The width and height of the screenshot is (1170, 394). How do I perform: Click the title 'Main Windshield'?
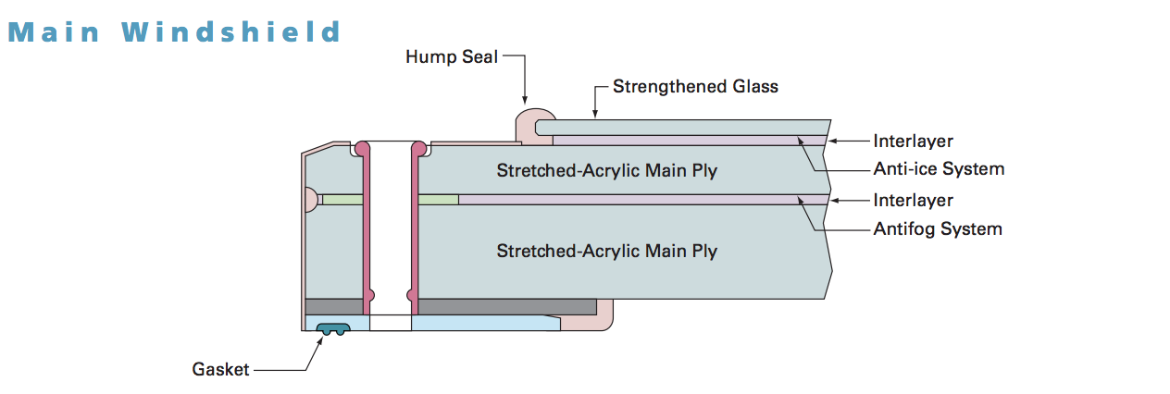tap(175, 32)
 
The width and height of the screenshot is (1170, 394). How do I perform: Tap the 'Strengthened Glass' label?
tap(695, 87)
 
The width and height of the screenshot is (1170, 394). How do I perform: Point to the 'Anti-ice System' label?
tap(939, 169)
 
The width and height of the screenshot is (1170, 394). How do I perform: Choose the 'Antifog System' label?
tap(938, 228)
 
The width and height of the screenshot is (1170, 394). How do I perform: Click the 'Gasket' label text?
tap(220, 369)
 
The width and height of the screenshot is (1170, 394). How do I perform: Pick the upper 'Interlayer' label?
tap(913, 142)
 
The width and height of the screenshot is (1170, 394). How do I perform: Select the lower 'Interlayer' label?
tap(913, 200)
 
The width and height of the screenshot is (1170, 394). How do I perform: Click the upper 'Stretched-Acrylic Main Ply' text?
tap(606, 171)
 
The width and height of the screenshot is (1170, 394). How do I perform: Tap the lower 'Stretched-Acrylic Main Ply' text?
tap(606, 251)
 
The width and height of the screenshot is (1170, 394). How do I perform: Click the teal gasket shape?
tap(331, 328)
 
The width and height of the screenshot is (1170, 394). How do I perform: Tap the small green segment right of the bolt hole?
tap(439, 200)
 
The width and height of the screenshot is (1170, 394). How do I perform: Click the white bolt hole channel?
tap(391, 231)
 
